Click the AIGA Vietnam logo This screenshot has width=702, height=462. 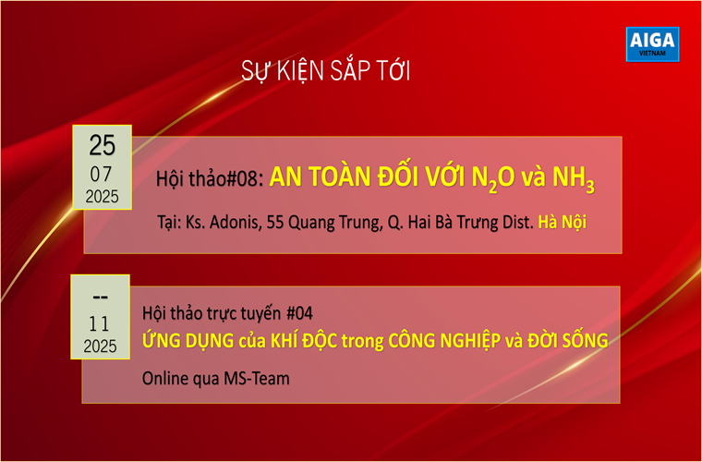point(652,43)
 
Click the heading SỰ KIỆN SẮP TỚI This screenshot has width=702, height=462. point(325,71)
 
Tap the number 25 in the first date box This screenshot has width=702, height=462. point(103,145)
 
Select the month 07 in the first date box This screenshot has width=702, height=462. point(102,175)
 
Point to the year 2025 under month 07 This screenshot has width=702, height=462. point(103,197)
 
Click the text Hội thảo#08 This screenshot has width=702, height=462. point(207,179)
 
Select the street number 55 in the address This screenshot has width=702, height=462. point(275,222)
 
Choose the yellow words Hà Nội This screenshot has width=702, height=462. point(563,222)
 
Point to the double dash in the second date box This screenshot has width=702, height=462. point(100,297)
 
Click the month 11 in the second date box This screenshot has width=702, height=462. point(99,323)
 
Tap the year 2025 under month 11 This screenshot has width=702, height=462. point(100,346)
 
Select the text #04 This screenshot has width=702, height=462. point(299,313)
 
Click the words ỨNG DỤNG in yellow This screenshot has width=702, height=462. point(188,340)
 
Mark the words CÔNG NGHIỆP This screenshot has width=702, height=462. point(444,341)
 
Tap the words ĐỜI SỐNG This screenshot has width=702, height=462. point(569,340)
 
